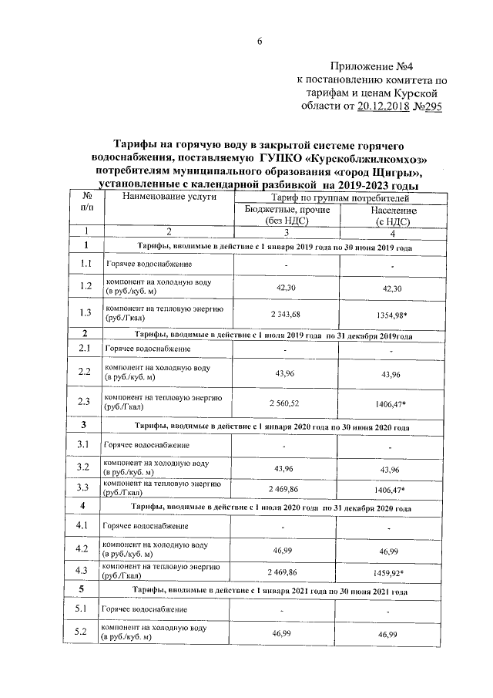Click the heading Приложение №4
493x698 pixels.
pos(383,67)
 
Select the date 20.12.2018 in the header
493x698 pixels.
pos(390,107)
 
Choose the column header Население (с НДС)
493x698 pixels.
pos(393,215)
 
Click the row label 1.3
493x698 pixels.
pos(86,312)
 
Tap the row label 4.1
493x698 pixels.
pos(86,526)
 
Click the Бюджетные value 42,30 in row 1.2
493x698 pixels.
pos(283,288)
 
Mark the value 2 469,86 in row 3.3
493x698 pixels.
pos(283,488)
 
